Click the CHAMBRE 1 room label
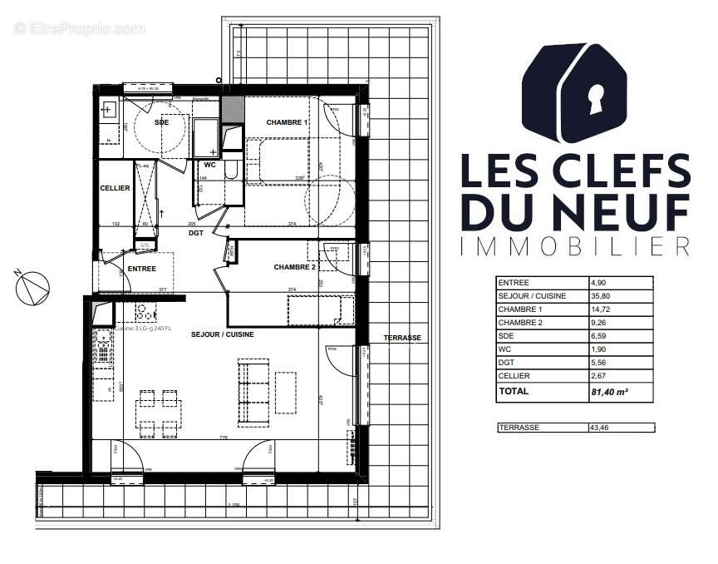(x=287, y=123)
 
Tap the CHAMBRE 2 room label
(x=295, y=267)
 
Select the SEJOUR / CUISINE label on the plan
(x=222, y=334)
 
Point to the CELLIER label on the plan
(x=115, y=188)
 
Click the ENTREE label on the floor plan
(x=143, y=268)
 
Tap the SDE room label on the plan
(x=161, y=123)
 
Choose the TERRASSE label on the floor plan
(x=402, y=338)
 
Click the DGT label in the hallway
(x=196, y=234)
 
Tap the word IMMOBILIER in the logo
(x=575, y=245)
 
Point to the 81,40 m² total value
(x=608, y=391)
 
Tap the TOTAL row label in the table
(x=513, y=391)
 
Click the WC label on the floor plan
(x=209, y=164)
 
